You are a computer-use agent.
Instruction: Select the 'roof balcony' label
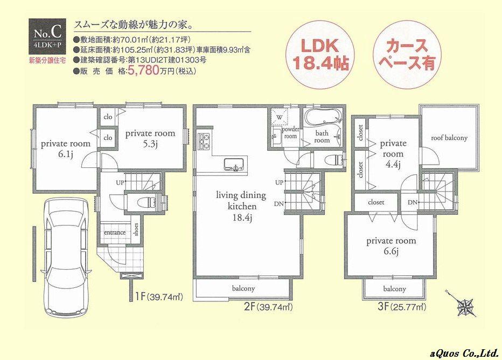pyautogui.click(x=449, y=138)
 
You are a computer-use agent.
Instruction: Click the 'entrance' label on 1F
pyautogui.click(x=114, y=232)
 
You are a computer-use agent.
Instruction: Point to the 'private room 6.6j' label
pyautogui.click(x=389, y=246)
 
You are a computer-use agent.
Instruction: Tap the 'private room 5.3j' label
pyautogui.click(x=150, y=138)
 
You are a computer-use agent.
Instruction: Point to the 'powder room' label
pyautogui.click(x=290, y=133)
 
